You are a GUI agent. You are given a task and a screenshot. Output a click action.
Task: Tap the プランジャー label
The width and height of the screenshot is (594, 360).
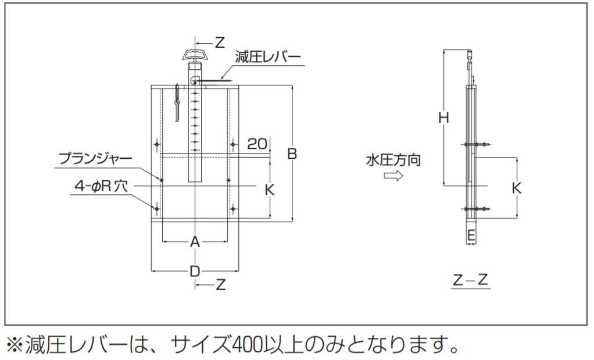point(95,158)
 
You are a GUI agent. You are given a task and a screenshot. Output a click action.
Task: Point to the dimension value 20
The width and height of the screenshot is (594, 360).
point(257,143)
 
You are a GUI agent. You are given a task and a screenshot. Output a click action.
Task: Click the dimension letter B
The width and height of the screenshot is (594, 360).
point(292,154)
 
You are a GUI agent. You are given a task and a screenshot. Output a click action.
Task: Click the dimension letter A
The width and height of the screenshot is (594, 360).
point(195,241)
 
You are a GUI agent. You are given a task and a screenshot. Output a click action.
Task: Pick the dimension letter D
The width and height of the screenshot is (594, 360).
point(195,271)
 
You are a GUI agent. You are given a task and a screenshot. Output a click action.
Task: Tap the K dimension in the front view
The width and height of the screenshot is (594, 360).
point(269,190)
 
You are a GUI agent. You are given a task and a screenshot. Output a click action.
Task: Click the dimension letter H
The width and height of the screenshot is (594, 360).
point(444,117)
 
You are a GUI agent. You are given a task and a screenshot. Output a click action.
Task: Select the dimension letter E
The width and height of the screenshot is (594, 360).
point(471,236)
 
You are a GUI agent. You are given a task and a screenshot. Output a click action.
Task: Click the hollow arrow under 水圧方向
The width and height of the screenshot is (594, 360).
point(393,176)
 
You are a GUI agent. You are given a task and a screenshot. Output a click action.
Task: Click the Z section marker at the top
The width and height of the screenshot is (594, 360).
point(219,42)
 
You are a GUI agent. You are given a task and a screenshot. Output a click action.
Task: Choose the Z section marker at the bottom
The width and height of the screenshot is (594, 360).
point(220,284)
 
